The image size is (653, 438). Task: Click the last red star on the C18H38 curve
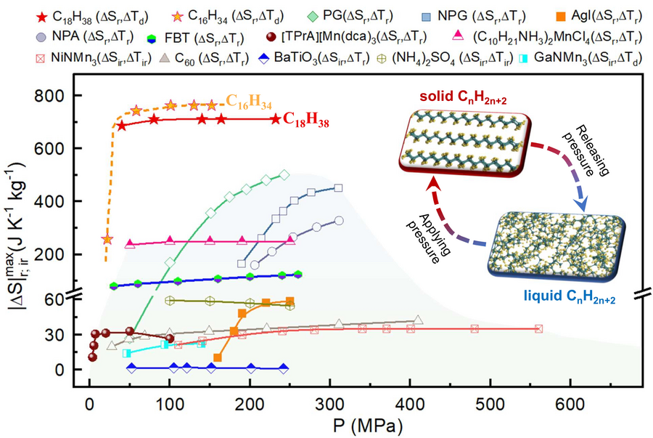click(x=275, y=119)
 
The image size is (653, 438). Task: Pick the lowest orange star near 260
click(x=107, y=239)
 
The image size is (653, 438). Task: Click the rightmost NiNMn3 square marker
click(x=538, y=329)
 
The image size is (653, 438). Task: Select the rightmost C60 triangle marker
click(x=418, y=320)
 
